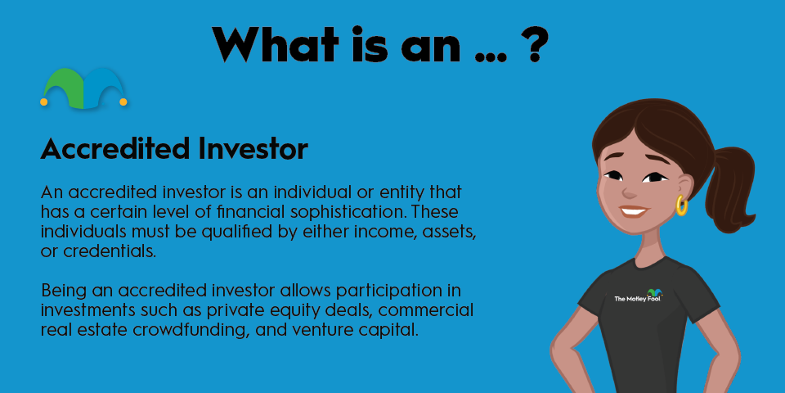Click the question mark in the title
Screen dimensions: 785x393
click(534, 43)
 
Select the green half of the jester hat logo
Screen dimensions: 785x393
click(64, 88)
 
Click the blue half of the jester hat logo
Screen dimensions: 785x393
click(103, 88)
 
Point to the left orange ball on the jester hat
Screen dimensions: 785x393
click(43, 102)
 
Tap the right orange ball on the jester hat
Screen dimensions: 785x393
click(123, 102)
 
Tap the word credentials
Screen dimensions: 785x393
click(110, 251)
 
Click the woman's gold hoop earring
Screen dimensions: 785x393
click(681, 205)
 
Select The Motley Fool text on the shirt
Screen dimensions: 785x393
click(634, 298)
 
